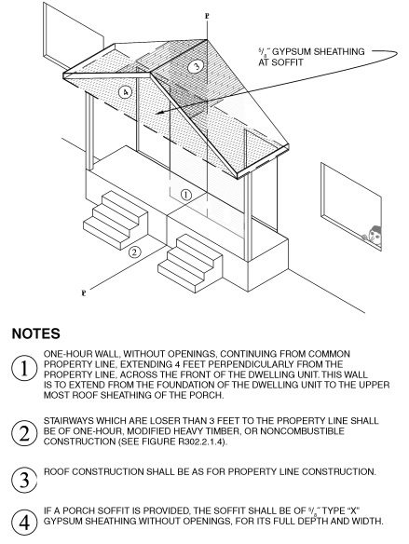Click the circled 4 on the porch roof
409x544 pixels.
click(125, 93)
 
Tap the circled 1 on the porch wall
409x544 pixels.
click(186, 196)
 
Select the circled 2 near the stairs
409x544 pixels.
click(135, 249)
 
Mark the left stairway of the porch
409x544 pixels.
click(112, 216)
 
